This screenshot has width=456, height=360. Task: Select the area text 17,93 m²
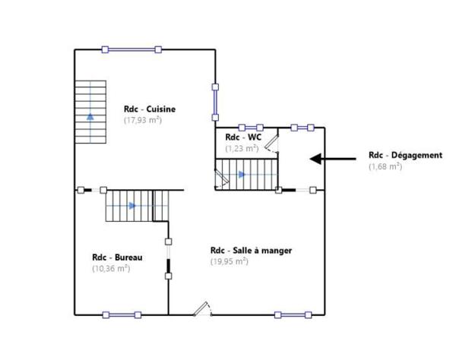point(143,119)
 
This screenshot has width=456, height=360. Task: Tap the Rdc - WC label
point(243,137)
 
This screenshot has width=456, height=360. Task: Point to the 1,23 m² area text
point(242,148)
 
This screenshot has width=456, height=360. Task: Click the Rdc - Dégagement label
point(405,155)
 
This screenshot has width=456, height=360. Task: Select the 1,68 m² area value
point(385,166)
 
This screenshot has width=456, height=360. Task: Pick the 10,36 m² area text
point(111,268)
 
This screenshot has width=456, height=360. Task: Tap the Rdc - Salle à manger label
point(251,250)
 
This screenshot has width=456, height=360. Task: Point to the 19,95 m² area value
point(230,261)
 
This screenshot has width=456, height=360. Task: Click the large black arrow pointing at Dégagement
point(332,159)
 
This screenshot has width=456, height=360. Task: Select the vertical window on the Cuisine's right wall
point(215,103)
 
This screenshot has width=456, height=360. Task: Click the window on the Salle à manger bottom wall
point(293,314)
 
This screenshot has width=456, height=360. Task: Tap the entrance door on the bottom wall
point(203,311)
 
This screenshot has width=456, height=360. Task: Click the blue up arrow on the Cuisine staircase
point(90,116)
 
